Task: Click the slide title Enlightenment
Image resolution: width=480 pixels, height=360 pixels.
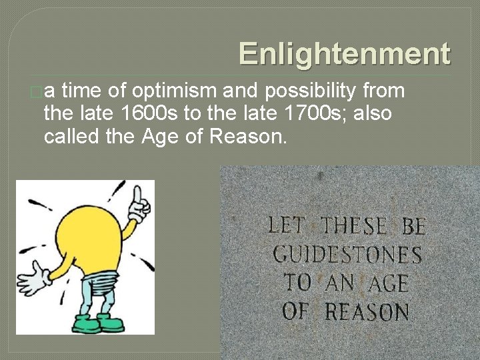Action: pos(344,54)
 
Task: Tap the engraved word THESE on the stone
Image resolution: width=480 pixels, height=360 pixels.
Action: pos(353,225)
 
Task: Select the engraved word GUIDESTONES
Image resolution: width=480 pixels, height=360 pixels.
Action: pos(347,254)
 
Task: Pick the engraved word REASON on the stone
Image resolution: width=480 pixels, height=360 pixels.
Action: pos(367,311)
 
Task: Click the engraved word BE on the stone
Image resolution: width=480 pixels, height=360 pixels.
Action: pos(413,226)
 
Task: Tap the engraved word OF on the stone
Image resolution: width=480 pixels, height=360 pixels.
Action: pos(297,310)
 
